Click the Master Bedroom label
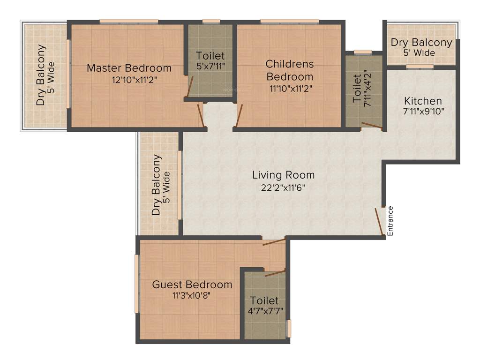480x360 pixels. (x=129, y=68)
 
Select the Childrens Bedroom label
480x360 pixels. (x=290, y=70)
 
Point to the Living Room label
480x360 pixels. (x=283, y=175)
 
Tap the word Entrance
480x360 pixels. (x=390, y=220)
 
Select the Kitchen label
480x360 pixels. (x=423, y=101)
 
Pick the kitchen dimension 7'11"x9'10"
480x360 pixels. (x=423, y=112)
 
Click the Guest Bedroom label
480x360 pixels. (x=192, y=285)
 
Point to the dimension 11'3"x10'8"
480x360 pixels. (x=191, y=295)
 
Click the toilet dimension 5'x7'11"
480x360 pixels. (x=210, y=66)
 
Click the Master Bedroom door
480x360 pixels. (x=201, y=116)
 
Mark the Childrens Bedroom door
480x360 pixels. (x=240, y=116)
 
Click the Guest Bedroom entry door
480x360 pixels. (x=274, y=242)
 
